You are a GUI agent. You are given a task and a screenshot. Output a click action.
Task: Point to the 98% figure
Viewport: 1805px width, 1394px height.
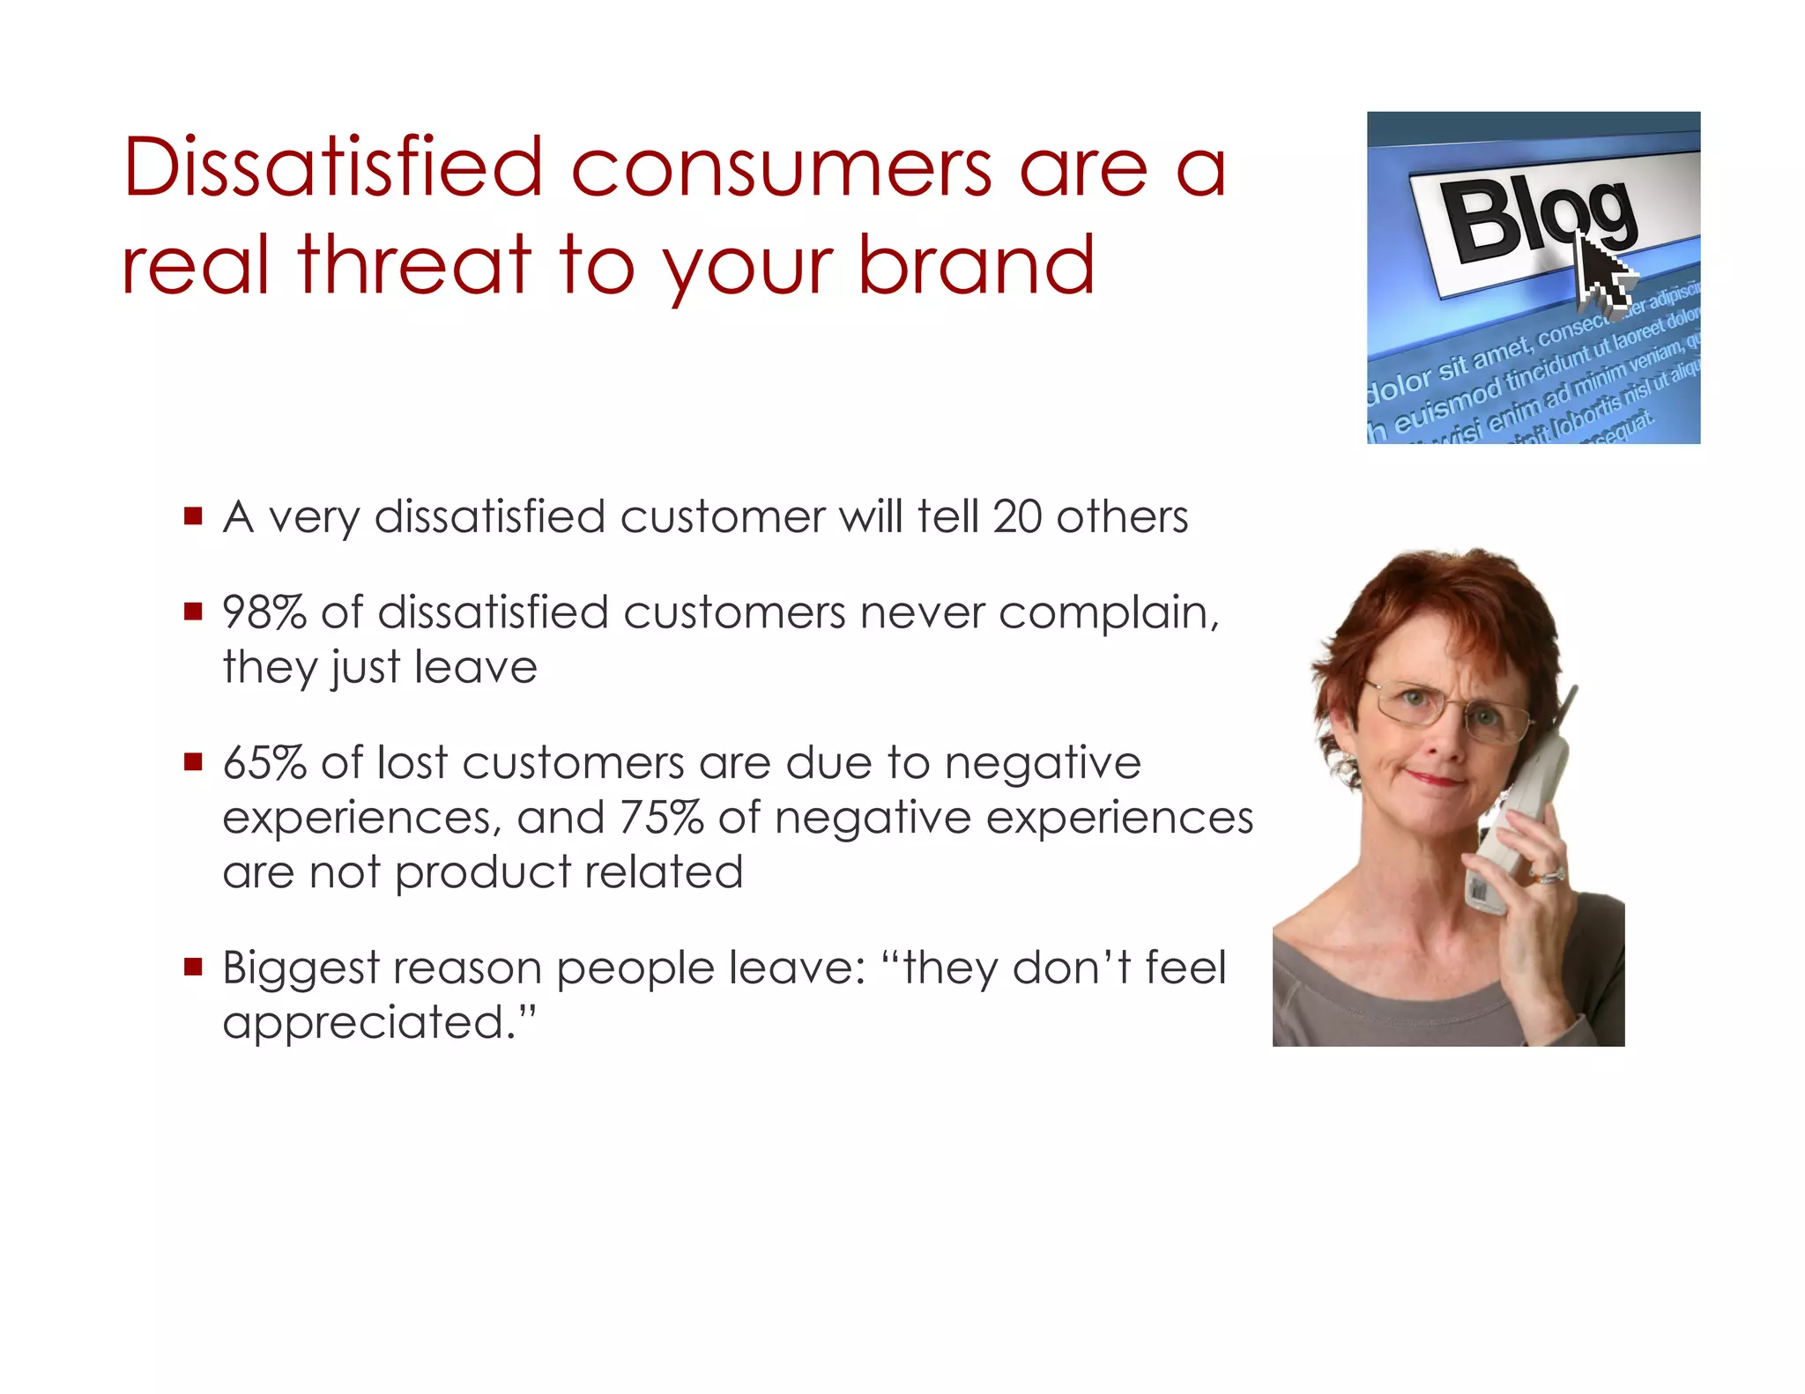pos(264,612)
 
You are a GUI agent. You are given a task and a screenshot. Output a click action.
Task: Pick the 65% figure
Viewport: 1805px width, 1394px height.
pos(264,763)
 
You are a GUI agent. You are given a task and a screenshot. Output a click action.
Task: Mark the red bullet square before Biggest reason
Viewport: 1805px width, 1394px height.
pos(193,968)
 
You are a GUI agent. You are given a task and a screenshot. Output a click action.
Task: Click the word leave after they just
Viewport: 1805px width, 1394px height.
pos(475,667)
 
